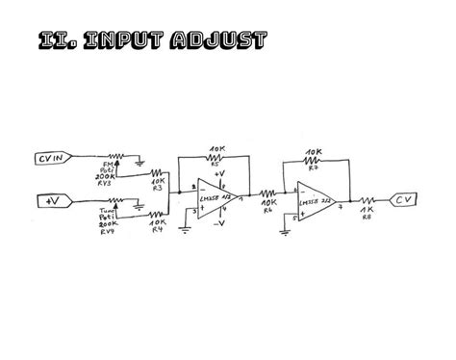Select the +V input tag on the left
tap(50, 201)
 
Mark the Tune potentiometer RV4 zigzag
tap(115, 200)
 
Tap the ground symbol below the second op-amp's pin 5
tap(285, 228)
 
